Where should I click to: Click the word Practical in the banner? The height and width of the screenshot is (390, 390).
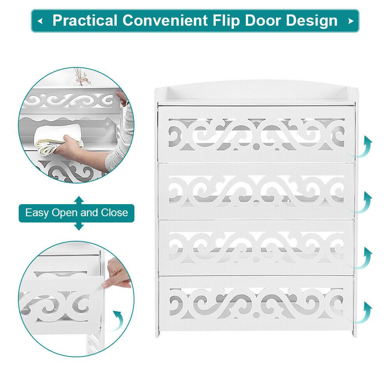point(85,20)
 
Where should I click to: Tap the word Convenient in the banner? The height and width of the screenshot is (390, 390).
point(165,20)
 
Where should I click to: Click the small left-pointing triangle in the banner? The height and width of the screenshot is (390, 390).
point(40,21)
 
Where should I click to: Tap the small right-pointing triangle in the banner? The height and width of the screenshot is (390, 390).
point(351,21)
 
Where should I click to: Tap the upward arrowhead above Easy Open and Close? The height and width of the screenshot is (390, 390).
point(79,200)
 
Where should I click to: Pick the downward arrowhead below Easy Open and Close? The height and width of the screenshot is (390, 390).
point(79,226)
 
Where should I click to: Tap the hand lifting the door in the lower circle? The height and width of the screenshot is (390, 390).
point(117,273)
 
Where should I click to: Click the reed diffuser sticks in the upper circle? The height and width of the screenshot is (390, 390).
point(82,77)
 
